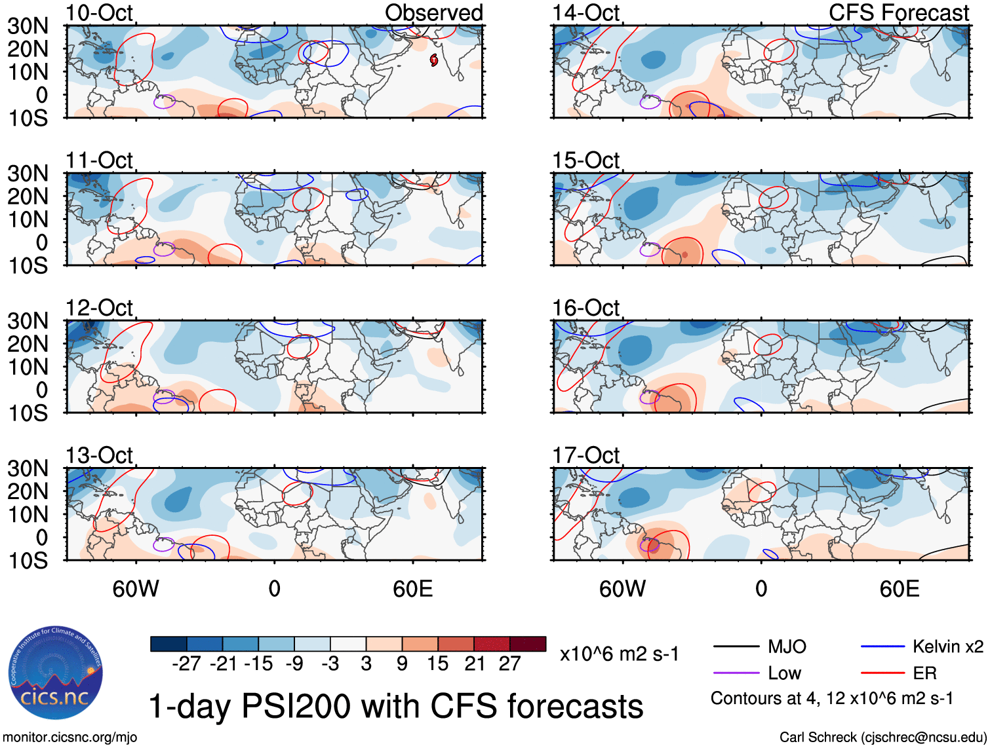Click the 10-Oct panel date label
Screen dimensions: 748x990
pos(99,12)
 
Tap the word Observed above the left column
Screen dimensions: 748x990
pos(433,12)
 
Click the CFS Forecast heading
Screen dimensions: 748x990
pos(898,12)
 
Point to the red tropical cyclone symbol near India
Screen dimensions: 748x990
pos(433,60)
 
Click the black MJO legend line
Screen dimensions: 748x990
pos(736,647)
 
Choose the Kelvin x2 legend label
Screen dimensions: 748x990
pos(947,647)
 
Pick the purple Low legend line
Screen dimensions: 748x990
pos(736,673)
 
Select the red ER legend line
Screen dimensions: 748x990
pos(882,673)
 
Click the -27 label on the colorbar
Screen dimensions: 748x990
pos(186,664)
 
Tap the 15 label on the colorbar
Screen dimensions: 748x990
pos(437,664)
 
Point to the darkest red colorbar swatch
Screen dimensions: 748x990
pos(528,644)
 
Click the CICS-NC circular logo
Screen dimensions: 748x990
pos(56,673)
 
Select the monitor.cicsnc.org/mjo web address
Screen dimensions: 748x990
pos(70,737)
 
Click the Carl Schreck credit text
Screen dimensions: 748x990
pos(882,737)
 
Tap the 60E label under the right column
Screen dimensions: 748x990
pos(899,589)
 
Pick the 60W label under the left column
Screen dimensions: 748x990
pos(136,589)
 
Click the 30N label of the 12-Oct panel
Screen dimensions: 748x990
pos(28,321)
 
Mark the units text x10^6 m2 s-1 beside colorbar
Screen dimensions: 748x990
pos(620,654)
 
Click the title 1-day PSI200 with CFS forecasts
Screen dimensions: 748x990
pos(396,706)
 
